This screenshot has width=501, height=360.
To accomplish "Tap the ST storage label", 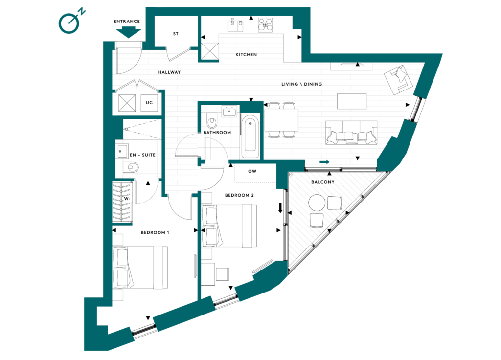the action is tap(176, 34).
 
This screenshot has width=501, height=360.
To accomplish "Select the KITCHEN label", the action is tap(246, 55).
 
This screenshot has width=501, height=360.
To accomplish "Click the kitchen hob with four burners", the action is tap(266, 25).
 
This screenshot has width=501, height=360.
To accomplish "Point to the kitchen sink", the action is tap(235, 25).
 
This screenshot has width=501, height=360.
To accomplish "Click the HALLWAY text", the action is tap(169, 72).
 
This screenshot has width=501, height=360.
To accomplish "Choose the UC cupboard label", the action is tap(149, 103).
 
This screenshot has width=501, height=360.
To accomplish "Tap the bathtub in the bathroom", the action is tap(250, 136).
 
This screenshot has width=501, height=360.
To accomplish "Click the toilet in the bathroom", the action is tap(211, 120).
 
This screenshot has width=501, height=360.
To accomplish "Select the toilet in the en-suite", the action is tap(131, 167).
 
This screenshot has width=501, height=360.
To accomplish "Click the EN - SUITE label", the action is tap(142, 155).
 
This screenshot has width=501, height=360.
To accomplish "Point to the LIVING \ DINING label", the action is tap(301, 84).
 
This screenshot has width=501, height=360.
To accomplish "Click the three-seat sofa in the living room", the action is tap(351, 133).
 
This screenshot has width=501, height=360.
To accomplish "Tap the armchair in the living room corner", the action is tap(398, 80).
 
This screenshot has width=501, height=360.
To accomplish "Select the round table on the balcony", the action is tap(317, 202).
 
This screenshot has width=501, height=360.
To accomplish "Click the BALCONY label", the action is tap(323, 182).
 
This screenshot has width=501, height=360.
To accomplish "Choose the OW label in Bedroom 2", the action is tap(252, 171).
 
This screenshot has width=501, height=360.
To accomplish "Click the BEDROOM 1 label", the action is tap(155, 232).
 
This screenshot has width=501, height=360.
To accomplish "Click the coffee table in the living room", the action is tap(352, 101).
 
